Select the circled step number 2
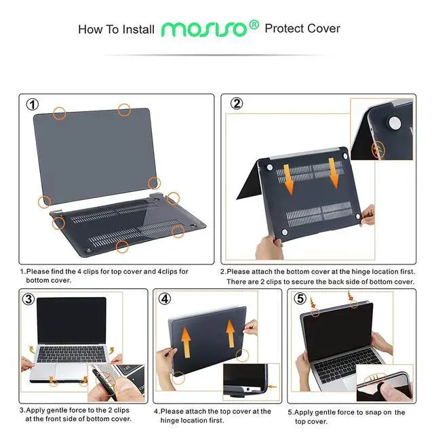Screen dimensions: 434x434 pyautogui.click(x=237, y=104)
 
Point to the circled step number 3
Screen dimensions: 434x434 pyautogui.click(x=28, y=299)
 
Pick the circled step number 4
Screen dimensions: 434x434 pyautogui.click(x=165, y=299)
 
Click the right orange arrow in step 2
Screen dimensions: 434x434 pyautogui.click(x=334, y=172)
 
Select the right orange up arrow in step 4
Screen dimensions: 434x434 pyautogui.click(x=231, y=334)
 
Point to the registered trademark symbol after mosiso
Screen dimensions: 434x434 pyautogui.click(x=254, y=24)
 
